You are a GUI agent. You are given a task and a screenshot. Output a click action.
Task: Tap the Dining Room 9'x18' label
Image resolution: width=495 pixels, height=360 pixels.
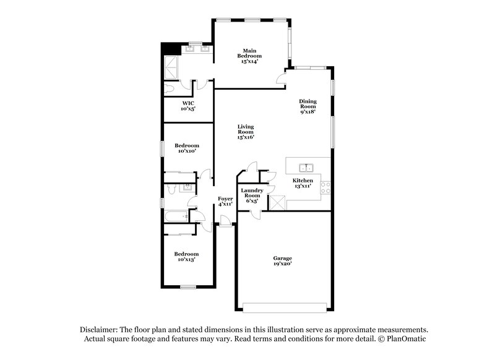click(308, 106)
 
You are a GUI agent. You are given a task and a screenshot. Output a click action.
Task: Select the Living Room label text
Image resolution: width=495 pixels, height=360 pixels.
click(246, 132)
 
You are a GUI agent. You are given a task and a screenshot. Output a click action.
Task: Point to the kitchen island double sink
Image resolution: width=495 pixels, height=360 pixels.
click(306, 167)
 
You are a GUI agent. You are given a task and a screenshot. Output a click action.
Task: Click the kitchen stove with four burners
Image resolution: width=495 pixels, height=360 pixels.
click(325, 187)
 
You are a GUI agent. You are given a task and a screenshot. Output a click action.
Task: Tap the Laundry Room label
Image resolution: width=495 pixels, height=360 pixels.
click(252, 195)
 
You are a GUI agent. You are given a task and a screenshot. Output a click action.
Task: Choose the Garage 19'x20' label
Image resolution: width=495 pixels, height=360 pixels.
click(282, 260)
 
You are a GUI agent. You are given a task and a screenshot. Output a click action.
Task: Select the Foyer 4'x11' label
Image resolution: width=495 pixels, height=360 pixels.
click(225, 201)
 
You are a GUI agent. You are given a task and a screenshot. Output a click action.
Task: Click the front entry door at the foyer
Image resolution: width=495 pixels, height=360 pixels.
click(225, 221)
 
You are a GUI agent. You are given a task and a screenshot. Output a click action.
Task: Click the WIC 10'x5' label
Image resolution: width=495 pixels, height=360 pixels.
click(188, 106)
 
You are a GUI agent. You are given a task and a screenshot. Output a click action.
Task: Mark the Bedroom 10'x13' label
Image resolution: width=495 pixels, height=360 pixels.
click(186, 257)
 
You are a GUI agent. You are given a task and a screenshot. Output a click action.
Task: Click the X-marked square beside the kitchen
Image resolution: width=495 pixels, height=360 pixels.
click(277, 202)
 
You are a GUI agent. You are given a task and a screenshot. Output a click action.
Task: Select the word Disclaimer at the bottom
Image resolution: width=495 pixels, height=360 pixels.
click(100, 330)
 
